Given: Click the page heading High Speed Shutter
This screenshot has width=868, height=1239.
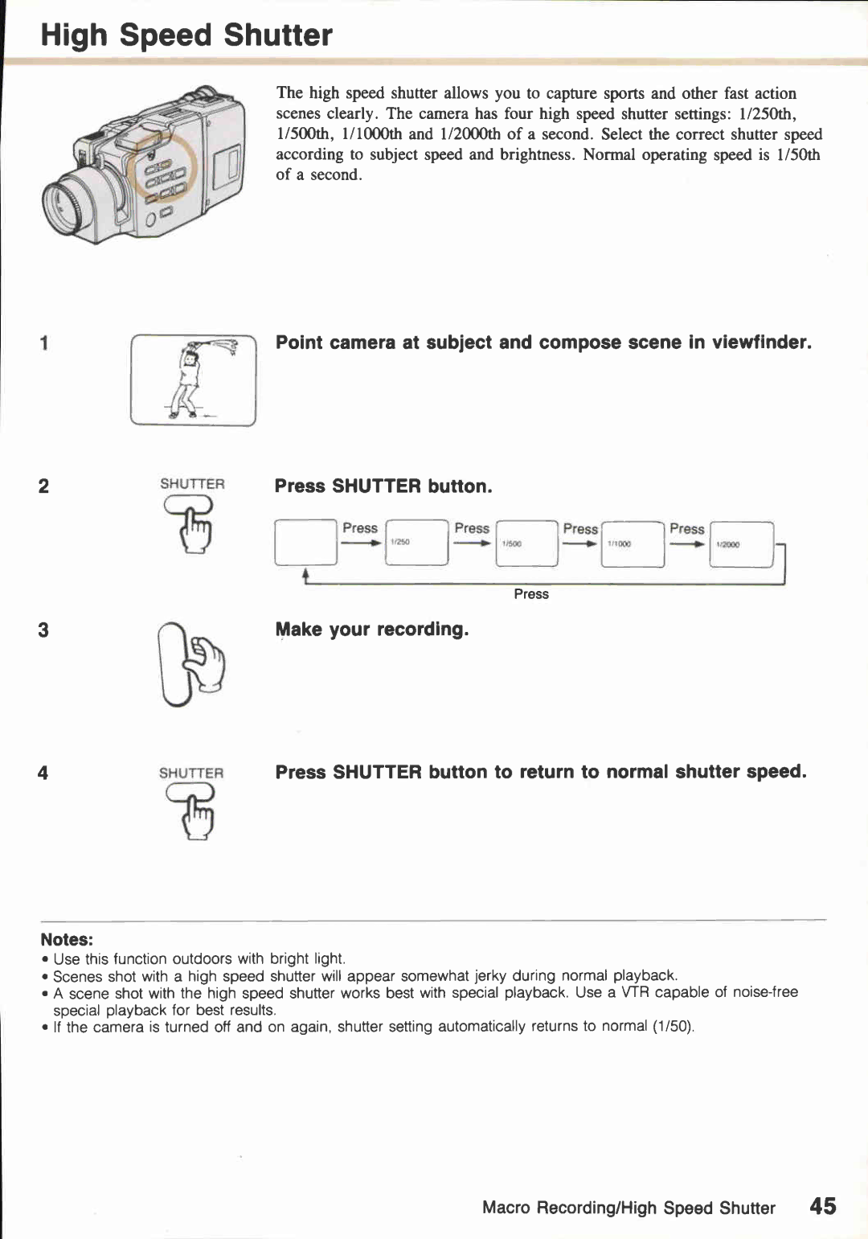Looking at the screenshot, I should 186,35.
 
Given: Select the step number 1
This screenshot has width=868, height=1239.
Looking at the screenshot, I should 44,343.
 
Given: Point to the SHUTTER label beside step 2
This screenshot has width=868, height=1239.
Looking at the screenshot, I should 192,484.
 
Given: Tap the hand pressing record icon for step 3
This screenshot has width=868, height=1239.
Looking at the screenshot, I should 192,665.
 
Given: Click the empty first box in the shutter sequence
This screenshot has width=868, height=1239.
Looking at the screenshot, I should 305,543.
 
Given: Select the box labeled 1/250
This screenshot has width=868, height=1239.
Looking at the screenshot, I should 416,543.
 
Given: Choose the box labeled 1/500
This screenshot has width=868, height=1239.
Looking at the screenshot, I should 526,543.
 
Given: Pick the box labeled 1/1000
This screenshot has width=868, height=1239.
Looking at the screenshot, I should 633,544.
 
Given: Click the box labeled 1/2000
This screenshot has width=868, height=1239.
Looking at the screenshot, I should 741,544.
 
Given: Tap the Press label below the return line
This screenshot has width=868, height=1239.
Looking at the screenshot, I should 531,594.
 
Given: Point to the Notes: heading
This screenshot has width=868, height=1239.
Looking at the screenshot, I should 67,939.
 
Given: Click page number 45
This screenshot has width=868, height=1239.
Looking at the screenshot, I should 822,1206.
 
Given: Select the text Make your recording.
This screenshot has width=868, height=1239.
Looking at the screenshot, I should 371,630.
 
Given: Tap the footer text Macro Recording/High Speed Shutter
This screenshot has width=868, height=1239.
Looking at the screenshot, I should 628,1208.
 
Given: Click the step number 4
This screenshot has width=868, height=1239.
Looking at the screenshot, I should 43,773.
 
